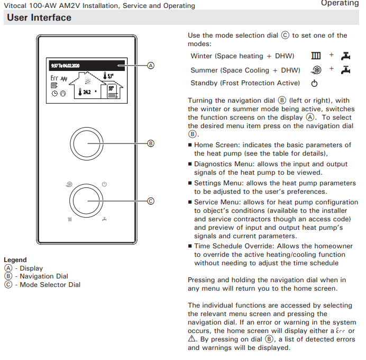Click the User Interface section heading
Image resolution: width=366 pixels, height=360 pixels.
click(x=39, y=18)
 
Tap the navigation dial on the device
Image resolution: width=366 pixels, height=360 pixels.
click(x=87, y=143)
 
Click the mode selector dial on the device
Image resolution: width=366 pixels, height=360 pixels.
click(x=87, y=201)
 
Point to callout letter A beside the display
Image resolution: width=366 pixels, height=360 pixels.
click(x=150, y=66)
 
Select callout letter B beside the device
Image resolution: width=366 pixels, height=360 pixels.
click(x=150, y=143)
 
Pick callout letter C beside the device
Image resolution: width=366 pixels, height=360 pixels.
click(x=150, y=201)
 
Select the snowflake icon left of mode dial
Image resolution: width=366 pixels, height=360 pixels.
click(x=69, y=184)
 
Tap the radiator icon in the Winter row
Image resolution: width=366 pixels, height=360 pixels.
click(x=316, y=56)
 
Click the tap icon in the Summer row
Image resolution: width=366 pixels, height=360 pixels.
click(x=345, y=69)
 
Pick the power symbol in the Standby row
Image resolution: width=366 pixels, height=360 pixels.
click(x=314, y=83)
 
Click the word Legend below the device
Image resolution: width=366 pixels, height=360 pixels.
click(x=15, y=260)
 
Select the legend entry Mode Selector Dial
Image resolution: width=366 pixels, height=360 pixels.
click(x=50, y=284)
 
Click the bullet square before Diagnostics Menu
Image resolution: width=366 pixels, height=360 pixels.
click(x=190, y=165)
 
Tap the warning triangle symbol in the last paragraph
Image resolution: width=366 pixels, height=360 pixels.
click(x=192, y=339)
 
